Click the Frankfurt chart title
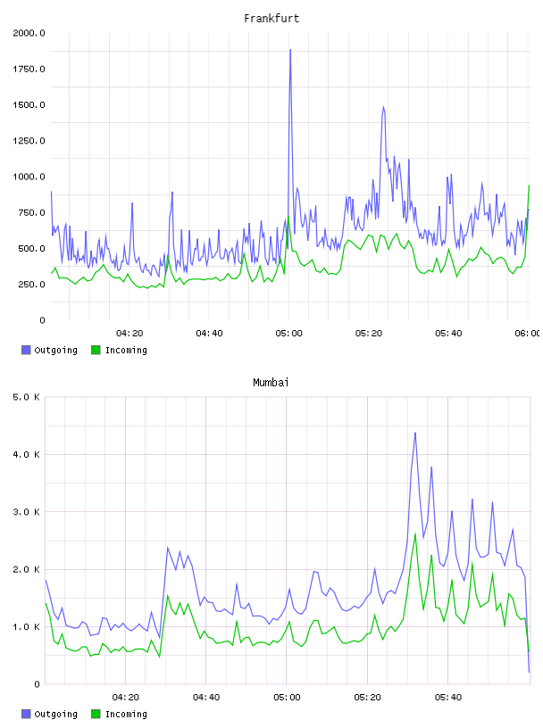271,19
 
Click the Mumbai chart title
271,383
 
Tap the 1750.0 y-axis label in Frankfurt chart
29,70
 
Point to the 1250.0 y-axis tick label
29,141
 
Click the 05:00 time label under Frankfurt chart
288,334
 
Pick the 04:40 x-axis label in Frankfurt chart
209,334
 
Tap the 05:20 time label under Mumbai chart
367,698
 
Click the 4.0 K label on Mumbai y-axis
27,454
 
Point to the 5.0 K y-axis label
27,397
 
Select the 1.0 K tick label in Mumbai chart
27,627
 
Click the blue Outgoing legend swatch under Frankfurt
26,350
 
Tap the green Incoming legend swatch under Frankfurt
96,350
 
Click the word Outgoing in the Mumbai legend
55,714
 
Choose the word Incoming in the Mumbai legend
126,714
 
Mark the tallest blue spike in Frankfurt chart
290,50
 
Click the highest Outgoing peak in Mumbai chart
415,434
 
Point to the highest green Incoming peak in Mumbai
415,534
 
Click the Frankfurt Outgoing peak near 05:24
383,107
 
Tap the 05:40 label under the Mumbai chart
448,698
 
